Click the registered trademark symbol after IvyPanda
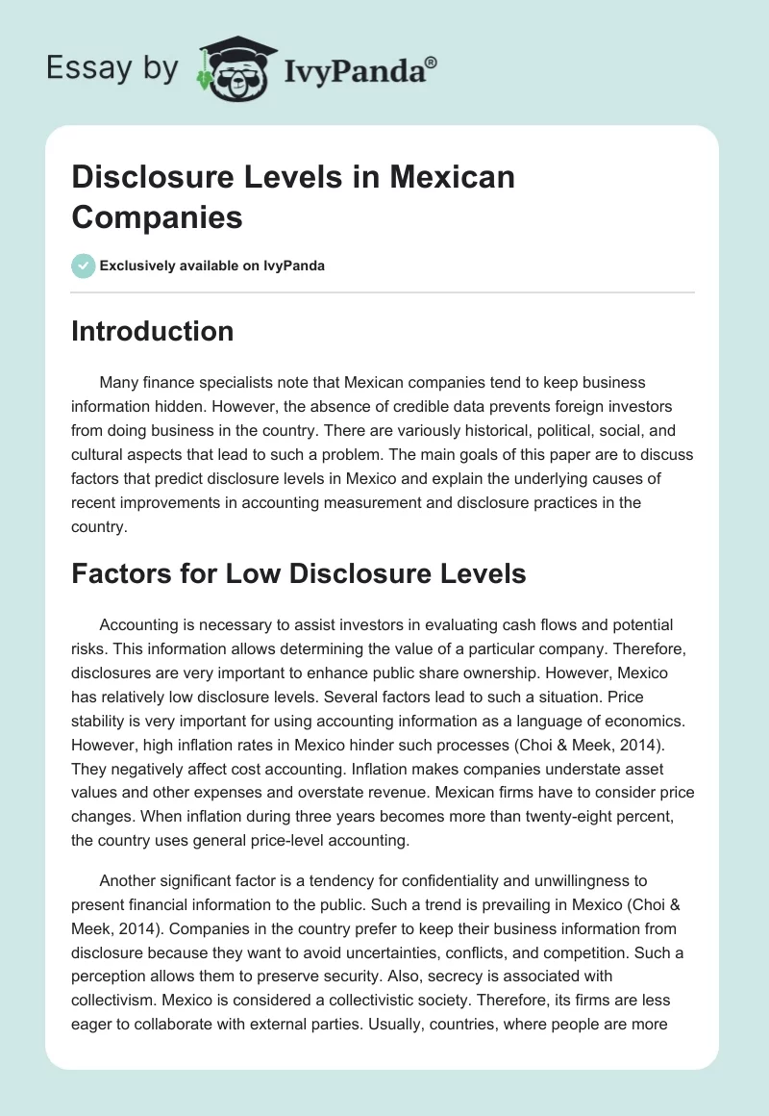click(432, 62)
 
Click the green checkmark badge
click(84, 266)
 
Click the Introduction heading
click(152, 331)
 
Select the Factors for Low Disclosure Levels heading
click(298, 574)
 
